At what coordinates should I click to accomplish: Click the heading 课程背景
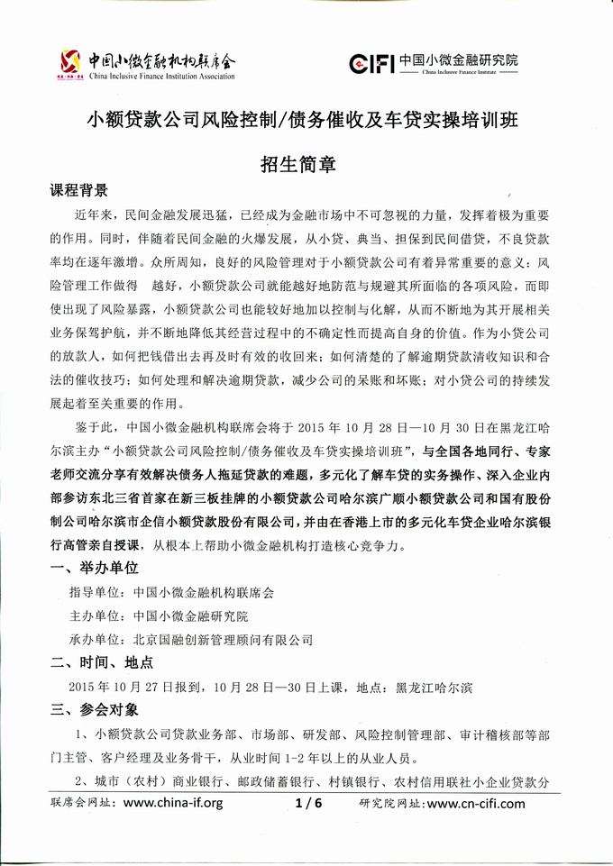[78, 191]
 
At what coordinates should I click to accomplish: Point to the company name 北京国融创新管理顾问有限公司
[222, 640]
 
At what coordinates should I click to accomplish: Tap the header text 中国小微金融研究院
[459, 59]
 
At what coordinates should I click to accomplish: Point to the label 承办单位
[95, 640]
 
